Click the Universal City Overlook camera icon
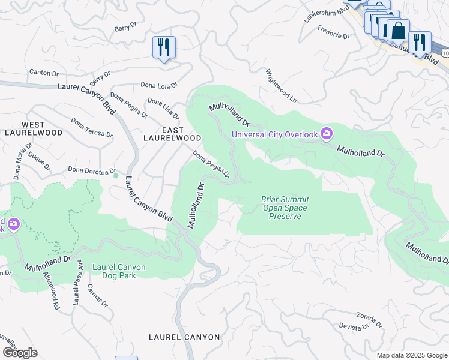coord(327,133)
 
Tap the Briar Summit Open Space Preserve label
coord(285,208)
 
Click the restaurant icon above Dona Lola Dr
coord(164,47)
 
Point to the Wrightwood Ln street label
coord(281,84)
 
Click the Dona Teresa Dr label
coord(91,127)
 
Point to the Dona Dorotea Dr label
coord(92,170)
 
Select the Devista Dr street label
coord(354,326)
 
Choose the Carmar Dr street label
coord(100,296)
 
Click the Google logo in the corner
coord(19,352)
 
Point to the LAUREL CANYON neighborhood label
coord(184,337)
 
